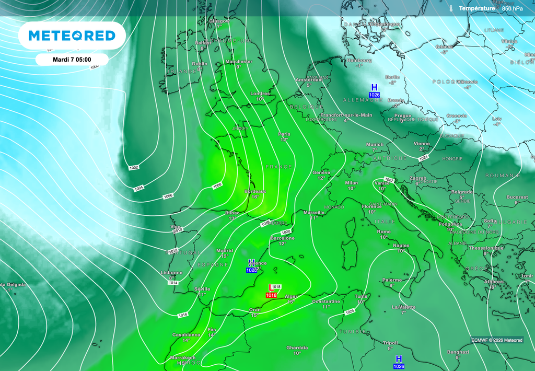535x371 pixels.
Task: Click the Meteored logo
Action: coord(72,36)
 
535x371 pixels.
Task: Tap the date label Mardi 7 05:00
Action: coord(72,60)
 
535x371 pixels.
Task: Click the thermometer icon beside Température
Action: coord(450,8)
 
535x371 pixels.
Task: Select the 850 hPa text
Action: coord(512,8)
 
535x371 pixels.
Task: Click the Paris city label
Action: coord(284,134)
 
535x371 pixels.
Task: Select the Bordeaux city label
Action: coord(255,191)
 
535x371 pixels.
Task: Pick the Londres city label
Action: coord(260,94)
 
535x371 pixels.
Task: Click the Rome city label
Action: coord(384,231)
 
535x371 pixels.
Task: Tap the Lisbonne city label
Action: coord(172,272)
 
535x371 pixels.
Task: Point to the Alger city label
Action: coord(291,296)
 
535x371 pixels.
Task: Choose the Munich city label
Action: coord(375,144)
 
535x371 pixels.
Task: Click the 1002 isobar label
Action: coord(134,167)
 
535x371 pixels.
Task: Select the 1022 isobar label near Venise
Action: coord(389,179)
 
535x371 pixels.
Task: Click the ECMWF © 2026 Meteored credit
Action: coord(496,340)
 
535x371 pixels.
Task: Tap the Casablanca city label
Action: coord(187,334)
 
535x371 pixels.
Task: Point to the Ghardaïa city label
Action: coord(297,347)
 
